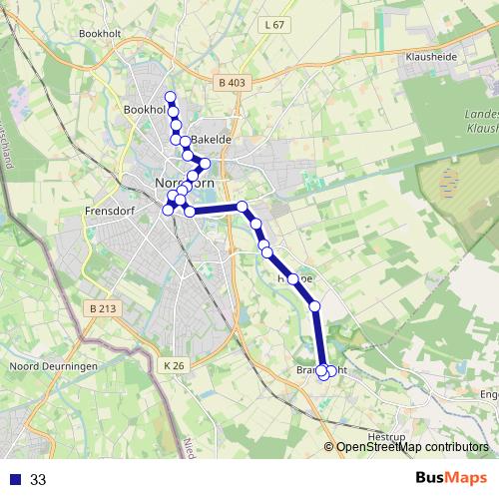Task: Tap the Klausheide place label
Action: [431, 58]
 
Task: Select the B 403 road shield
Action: [230, 83]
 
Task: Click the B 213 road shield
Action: [102, 309]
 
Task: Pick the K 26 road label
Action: [175, 366]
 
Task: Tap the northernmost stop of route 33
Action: [171, 97]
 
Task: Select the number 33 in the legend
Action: [38, 479]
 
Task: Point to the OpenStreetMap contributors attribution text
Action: [412, 447]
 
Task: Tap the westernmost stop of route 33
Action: [168, 209]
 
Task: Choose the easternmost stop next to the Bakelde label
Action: [205, 163]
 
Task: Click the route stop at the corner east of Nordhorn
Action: [242, 207]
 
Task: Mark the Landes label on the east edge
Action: [480, 114]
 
